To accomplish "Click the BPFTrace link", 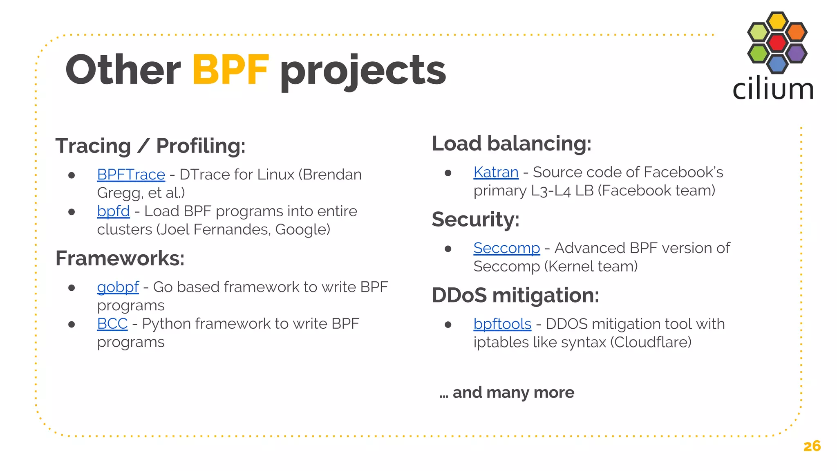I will click(131, 175).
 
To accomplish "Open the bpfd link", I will click(113, 211).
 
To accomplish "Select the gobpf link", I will click(118, 287).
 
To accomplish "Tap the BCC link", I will click(112, 324).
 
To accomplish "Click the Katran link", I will click(496, 172).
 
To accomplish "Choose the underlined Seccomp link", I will click(506, 248).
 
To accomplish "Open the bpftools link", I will click(502, 324).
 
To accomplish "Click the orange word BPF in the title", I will click(231, 70).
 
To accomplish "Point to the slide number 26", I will click(812, 446).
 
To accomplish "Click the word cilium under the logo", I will click(772, 90).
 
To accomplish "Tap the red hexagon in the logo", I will click(777, 42).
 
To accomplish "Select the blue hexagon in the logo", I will click(777, 64).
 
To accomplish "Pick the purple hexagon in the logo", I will click(796, 53).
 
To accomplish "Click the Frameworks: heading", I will click(120, 258).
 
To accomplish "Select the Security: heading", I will click(475, 220).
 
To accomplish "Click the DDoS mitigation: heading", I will click(515, 295).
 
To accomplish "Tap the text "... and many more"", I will click(507, 392).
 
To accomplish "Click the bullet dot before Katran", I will click(448, 173).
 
